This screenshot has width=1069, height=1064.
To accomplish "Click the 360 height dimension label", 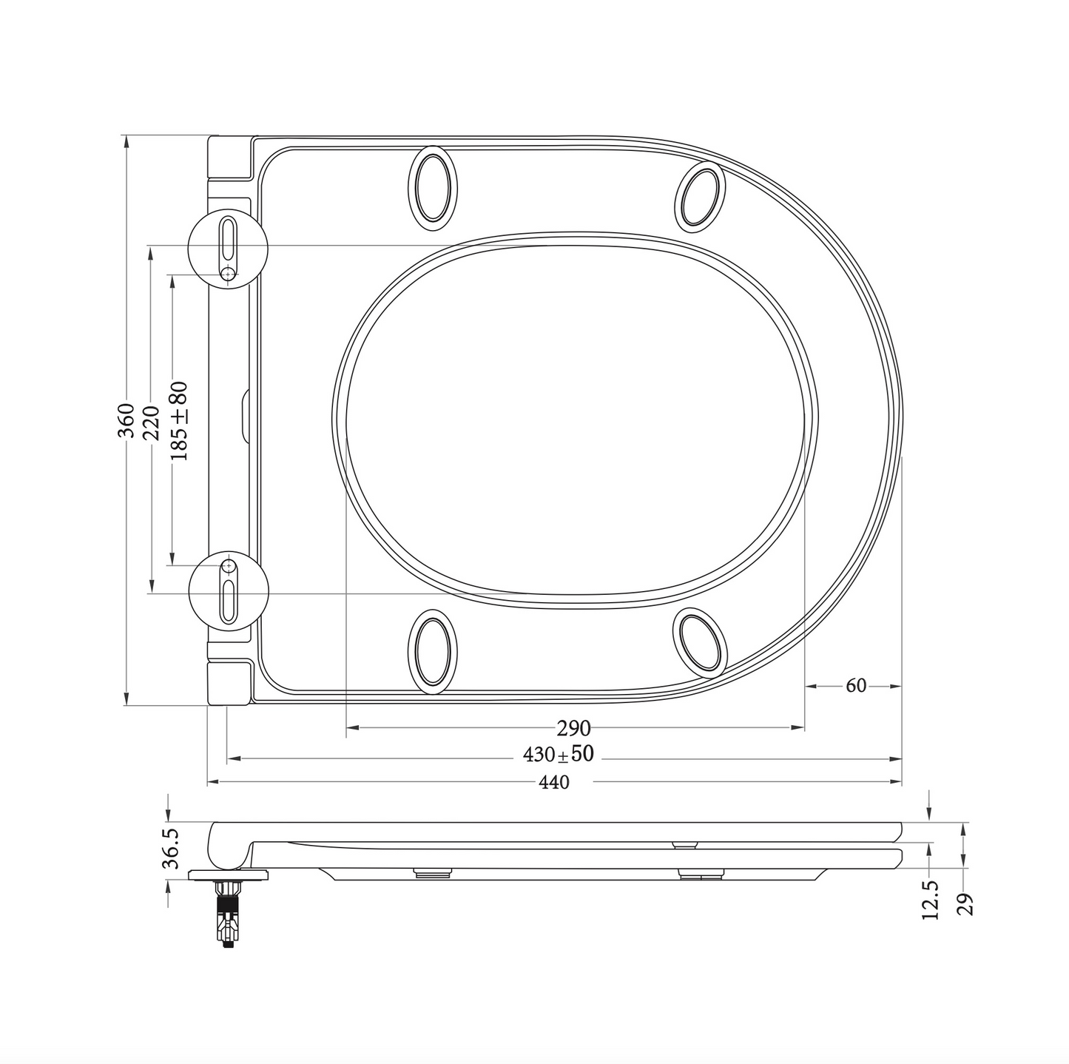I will point(127,420).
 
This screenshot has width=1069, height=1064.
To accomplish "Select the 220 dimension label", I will point(151,422).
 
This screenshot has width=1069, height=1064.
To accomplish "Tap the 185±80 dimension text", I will point(178,421).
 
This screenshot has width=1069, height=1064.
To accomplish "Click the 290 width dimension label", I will point(573,729).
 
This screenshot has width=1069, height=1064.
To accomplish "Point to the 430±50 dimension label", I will point(559,755).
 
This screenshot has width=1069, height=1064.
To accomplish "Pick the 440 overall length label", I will point(554,782).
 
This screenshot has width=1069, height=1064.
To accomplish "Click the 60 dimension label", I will point(855,686).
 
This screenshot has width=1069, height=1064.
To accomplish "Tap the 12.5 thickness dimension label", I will point(931,899).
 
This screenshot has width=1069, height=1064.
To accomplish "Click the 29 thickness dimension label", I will point(965,904).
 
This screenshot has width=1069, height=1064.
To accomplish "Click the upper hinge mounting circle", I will point(228,249).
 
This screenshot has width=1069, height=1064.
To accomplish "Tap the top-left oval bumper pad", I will point(433,186).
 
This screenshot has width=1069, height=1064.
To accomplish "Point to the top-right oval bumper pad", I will point(701,194).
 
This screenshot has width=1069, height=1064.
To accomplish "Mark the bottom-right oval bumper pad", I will point(700,642).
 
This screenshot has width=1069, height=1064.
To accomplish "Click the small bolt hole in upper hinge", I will point(229,275).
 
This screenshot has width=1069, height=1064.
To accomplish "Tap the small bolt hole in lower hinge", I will point(229,566).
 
